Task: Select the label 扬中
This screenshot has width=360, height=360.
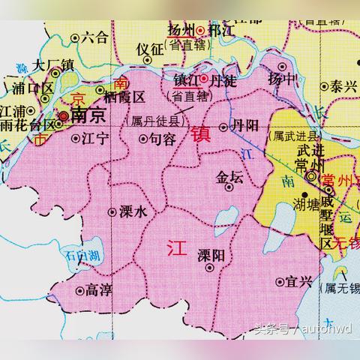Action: tap(282, 77)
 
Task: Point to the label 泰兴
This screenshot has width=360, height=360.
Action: tap(344, 86)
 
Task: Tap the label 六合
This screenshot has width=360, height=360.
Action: tap(94, 35)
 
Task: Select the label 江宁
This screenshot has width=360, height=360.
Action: tap(95, 139)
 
